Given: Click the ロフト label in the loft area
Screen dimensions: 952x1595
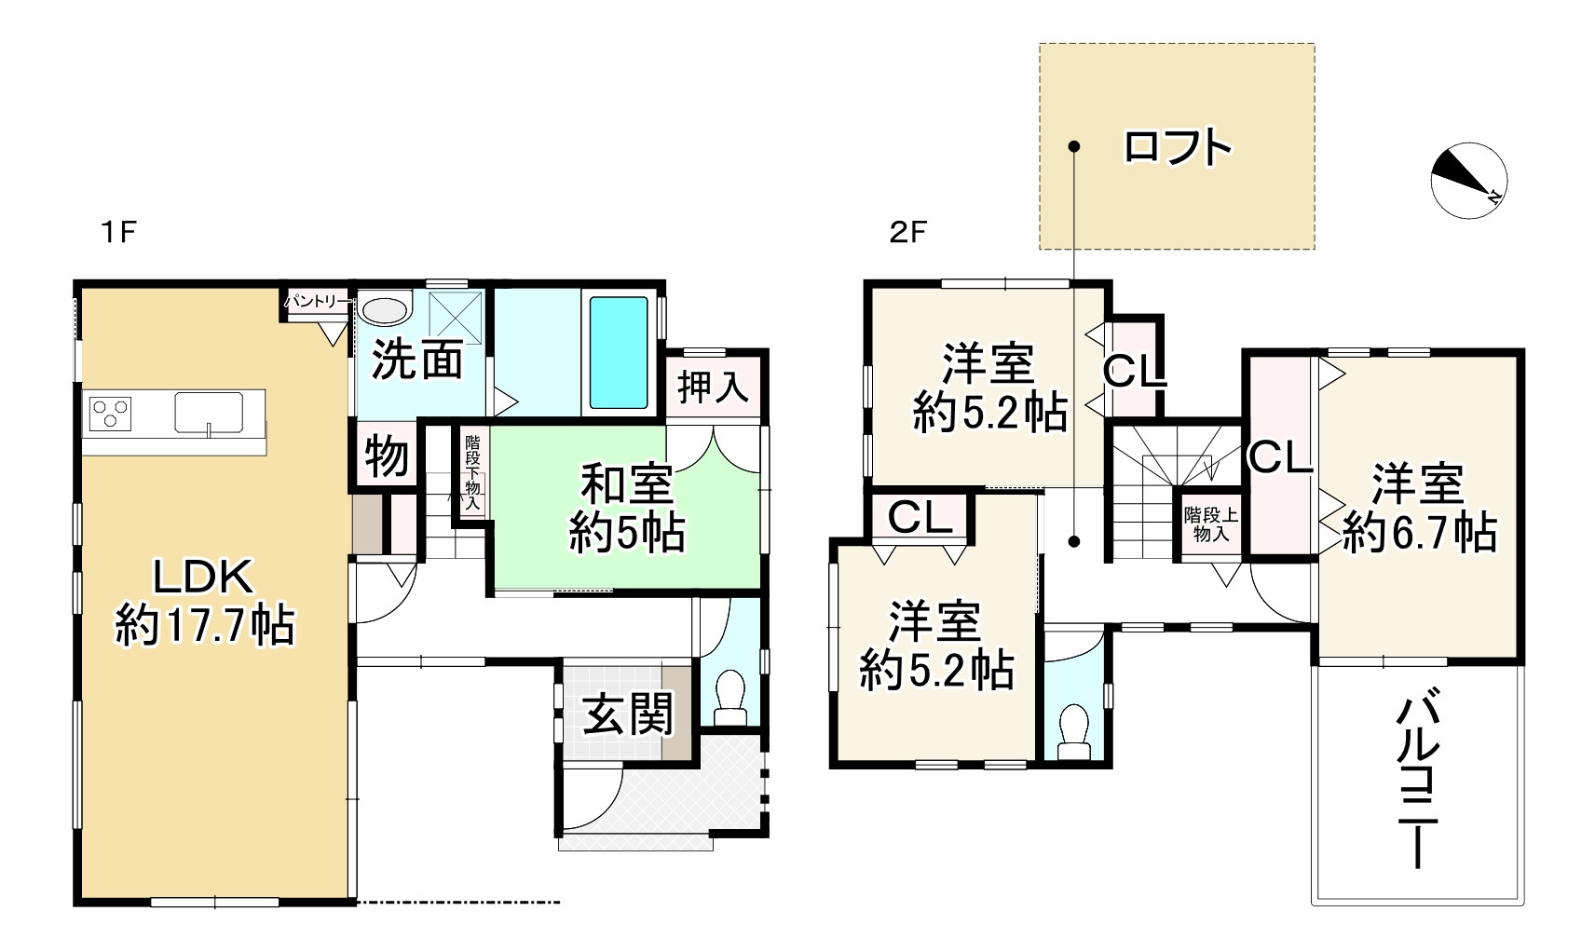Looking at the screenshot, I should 1178,147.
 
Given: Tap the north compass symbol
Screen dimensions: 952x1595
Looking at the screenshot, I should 1468,181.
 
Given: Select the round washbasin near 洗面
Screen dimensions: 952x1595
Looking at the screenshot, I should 384,309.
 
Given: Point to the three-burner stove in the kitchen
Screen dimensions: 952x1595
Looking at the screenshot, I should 110,412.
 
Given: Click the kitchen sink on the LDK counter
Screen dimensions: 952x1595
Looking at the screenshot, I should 209,412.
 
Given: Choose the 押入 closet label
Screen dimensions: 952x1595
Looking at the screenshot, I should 714,387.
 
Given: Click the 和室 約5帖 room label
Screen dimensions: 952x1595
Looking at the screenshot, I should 626,510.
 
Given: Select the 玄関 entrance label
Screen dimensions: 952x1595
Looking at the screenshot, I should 627,716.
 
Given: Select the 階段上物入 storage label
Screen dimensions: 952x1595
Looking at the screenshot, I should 1210,524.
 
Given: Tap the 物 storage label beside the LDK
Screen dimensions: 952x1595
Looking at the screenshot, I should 386,457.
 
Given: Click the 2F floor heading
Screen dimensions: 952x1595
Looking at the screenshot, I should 907,232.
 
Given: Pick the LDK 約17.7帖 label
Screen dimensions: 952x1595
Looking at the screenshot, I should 204,602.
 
